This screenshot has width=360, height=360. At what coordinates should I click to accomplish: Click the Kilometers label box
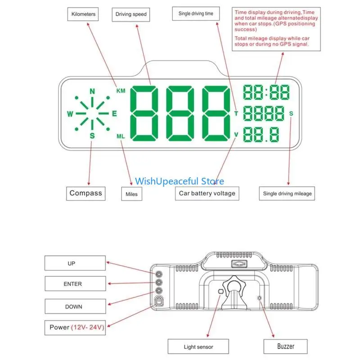point(83,14)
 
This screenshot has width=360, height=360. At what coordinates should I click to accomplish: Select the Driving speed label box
point(131,14)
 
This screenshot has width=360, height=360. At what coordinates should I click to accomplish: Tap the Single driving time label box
point(196,14)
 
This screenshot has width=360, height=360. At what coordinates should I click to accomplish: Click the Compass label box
point(86,193)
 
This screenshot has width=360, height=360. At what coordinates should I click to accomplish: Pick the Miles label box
point(131,194)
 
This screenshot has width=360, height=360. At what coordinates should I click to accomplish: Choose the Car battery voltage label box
point(207,193)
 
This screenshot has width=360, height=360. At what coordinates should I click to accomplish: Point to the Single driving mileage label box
point(287,193)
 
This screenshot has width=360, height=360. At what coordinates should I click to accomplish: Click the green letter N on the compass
point(92,91)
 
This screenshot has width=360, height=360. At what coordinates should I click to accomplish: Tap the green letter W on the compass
point(70,114)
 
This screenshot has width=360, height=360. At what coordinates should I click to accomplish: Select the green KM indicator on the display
point(121,91)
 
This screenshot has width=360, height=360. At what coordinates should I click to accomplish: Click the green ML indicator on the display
point(121,136)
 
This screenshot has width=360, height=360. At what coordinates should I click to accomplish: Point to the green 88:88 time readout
point(266,92)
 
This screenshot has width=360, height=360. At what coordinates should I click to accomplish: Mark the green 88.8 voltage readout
point(261,135)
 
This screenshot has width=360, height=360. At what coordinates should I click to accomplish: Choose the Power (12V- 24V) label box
point(76,327)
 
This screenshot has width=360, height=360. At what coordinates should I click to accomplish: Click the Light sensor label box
point(198,347)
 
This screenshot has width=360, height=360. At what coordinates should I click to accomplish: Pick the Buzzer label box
point(285,346)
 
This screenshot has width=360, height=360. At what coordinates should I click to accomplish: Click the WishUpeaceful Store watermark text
point(180,181)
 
